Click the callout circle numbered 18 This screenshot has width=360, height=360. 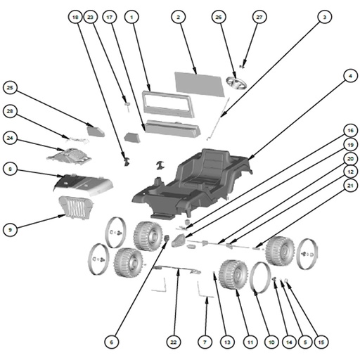tap(75, 17)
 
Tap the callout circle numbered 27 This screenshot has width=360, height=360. tap(259, 17)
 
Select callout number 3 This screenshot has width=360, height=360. tap(325, 17)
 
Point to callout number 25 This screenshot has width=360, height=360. tap(10, 88)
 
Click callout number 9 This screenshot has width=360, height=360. tap(10, 229)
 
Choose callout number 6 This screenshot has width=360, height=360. tap(111, 342)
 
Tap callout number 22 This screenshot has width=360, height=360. tap(174, 342)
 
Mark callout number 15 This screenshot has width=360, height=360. tap(321, 342)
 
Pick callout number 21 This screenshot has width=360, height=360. tap(350, 186)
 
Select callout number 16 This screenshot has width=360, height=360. tap(350, 130)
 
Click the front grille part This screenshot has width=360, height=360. tap(75, 207)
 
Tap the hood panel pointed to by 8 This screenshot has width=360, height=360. tap(84, 185)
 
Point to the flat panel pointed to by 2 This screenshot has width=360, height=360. tap(200, 84)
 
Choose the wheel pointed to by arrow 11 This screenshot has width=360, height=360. tap(233, 275)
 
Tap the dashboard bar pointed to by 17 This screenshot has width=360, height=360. tap(173, 129)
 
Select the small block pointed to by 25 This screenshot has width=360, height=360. tap(96, 131)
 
